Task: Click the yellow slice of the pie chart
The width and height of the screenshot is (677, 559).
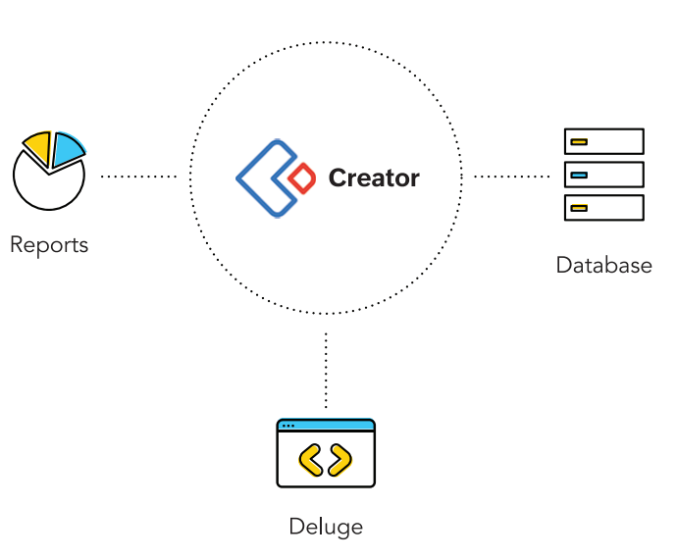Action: coord(37,148)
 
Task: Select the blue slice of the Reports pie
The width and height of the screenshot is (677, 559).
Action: coord(67,149)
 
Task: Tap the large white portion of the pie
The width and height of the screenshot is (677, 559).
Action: coord(47,186)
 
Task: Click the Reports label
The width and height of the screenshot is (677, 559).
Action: coord(49,244)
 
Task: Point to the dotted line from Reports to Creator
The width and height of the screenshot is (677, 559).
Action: coord(138,178)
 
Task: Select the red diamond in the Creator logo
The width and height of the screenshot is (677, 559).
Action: coord(303,178)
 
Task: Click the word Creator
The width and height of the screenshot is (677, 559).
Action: coord(374,178)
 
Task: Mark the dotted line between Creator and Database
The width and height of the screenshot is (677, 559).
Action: coord(511,178)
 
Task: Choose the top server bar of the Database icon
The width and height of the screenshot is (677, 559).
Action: coord(604,141)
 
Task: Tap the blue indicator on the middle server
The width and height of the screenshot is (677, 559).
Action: coord(579,175)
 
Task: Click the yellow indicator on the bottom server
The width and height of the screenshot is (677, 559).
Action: coord(579,207)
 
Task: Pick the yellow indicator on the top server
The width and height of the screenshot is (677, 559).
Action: coord(579,142)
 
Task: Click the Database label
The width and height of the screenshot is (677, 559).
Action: coord(603,265)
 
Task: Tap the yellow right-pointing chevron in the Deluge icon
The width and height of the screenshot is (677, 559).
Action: coord(340,459)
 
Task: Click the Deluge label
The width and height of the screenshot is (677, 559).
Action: coord(326,527)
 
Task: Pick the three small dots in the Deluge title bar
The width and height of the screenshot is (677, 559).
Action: coord(287,426)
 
